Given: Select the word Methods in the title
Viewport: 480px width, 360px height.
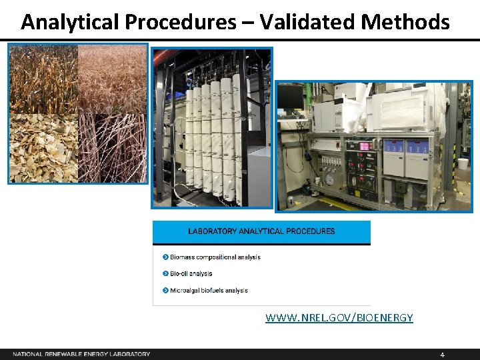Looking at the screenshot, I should pyautogui.click(x=405, y=22).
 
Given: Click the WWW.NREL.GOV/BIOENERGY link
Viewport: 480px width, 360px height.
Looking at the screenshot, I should pyautogui.click(x=339, y=318).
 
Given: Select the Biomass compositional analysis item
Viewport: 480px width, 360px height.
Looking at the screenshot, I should pyautogui.click(x=215, y=257).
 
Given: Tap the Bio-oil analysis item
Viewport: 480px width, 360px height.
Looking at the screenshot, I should pyautogui.click(x=191, y=273).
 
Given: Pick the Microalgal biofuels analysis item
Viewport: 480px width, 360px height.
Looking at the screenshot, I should pyautogui.click(x=209, y=290).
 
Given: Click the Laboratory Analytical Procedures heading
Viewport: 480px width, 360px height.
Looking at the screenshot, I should pyautogui.click(x=261, y=231).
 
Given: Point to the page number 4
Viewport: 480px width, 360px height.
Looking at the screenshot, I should pyautogui.click(x=442, y=354).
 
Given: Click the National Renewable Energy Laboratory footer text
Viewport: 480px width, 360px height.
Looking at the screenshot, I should pyautogui.click(x=81, y=354).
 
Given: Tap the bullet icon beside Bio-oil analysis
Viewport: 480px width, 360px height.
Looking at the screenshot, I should pyautogui.click(x=165, y=273).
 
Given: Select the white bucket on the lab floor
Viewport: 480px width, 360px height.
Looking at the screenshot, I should pyautogui.click(x=462, y=163).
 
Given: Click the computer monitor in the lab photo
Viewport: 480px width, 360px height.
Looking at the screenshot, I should pyautogui.click(x=291, y=98).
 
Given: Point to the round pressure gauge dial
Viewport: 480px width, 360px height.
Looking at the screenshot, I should pyautogui.click(x=329, y=180).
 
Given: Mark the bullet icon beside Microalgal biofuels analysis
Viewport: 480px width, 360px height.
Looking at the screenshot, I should pyautogui.click(x=165, y=290).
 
